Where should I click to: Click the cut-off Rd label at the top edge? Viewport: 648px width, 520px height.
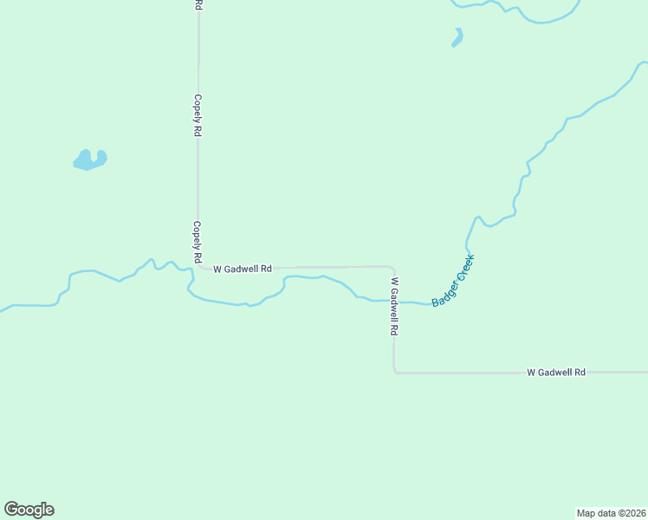198,4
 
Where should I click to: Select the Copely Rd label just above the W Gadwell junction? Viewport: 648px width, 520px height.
198,242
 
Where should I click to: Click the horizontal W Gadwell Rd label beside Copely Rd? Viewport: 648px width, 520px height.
243,269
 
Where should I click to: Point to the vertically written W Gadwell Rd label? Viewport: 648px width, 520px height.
394,306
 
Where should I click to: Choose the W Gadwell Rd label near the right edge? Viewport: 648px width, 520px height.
556,372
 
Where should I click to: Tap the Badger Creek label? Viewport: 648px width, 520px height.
454,280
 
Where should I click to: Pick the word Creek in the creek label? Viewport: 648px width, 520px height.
465,267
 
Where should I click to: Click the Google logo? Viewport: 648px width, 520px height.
29,510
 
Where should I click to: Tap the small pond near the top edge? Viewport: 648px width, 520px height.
457,37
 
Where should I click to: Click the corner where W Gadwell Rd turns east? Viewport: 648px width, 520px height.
396,371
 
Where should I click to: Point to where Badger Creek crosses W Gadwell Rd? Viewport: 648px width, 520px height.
394,302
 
